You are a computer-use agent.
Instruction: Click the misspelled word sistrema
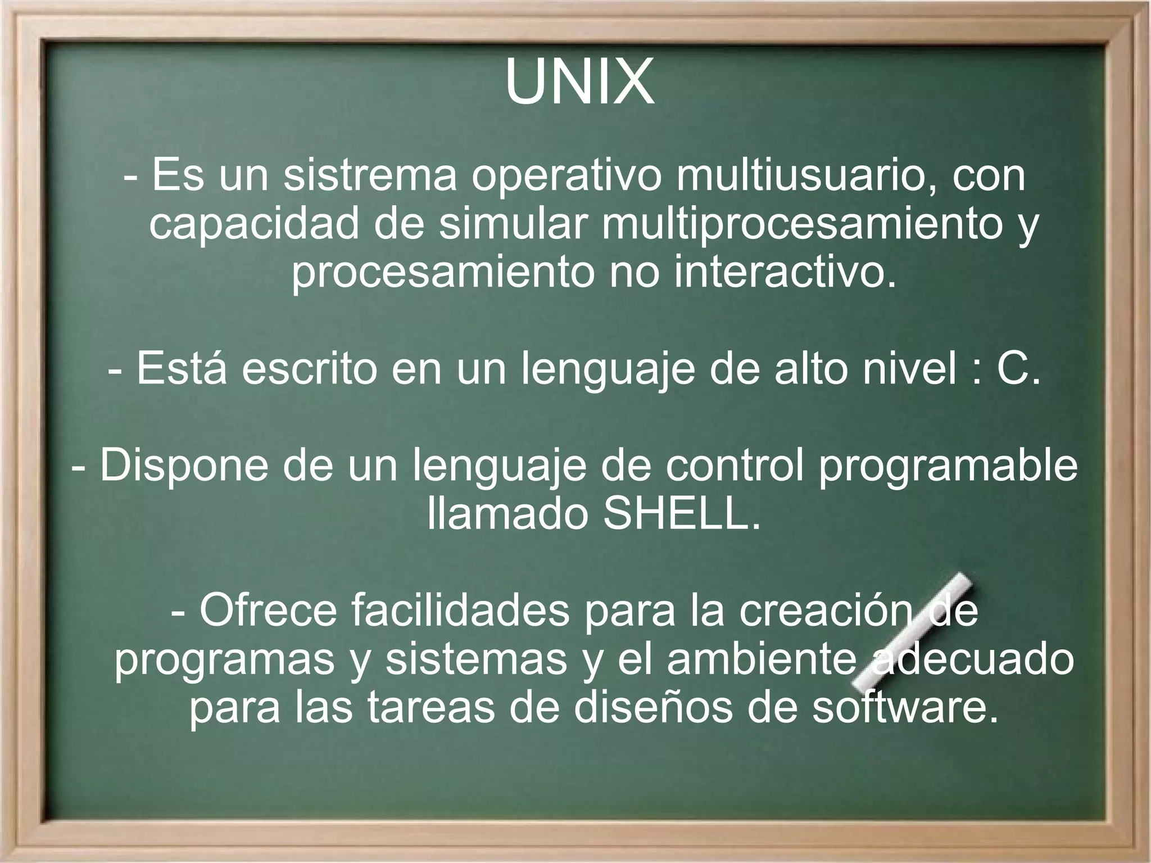coord(370,175)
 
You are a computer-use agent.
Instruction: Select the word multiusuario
coord(801,175)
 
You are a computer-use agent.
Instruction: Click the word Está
coord(182,369)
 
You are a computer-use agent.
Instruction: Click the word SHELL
coord(681,514)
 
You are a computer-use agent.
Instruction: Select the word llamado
coord(507,514)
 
